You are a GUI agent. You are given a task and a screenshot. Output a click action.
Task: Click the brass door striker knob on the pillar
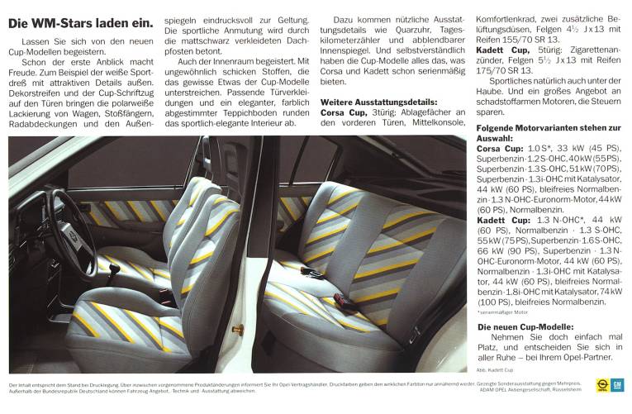(237, 330)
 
